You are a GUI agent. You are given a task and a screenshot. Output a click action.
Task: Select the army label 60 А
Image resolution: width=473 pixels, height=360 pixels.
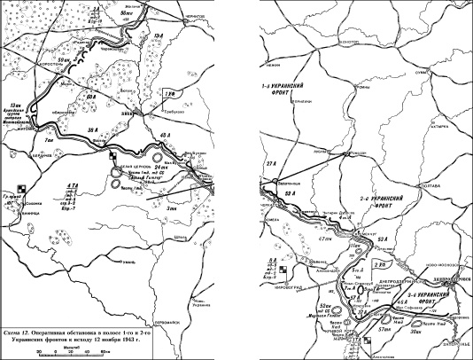pyautogui.click(x=92, y=92)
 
